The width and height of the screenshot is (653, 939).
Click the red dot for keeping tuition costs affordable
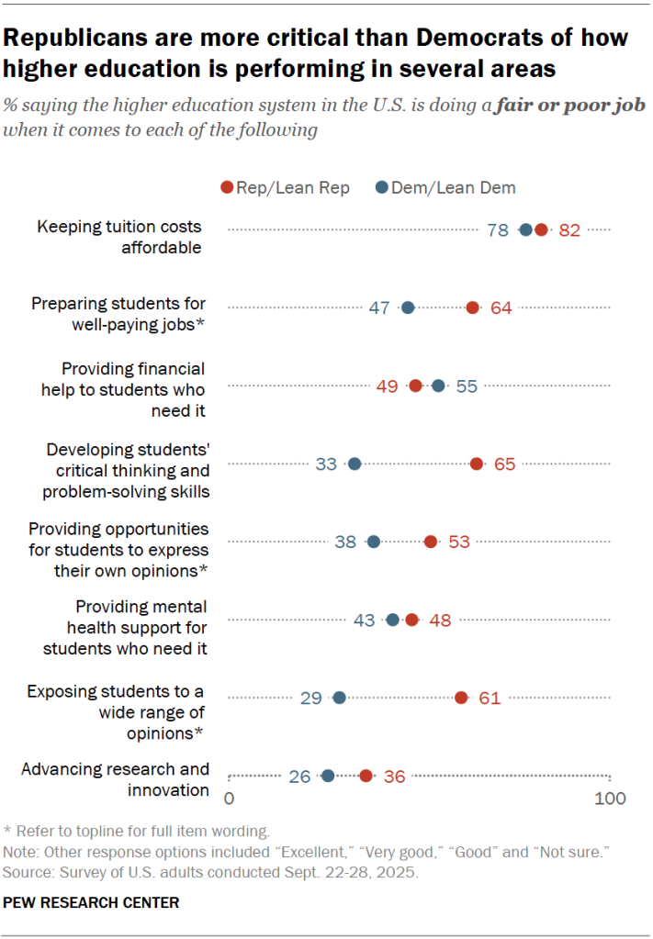541,230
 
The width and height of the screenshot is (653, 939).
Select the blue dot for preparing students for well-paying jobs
408,308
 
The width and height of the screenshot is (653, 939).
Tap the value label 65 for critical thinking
504,464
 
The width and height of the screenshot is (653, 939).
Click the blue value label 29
310,699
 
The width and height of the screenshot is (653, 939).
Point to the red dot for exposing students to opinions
461,699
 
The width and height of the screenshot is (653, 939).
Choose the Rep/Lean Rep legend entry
286,187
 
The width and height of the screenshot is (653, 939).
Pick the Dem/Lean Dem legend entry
445,187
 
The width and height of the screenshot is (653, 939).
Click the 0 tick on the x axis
230,799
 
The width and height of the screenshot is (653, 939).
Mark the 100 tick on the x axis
610,799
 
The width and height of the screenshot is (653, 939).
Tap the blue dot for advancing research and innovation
327,777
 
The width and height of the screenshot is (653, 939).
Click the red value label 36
394,777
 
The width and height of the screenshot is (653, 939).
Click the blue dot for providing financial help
438,386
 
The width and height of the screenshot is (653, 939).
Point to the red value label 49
387,386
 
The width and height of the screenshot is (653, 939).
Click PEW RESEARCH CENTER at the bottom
91,903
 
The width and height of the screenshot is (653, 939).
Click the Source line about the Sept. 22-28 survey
210,871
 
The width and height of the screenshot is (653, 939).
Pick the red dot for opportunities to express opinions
430,542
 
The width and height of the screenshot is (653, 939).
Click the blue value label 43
365,620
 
